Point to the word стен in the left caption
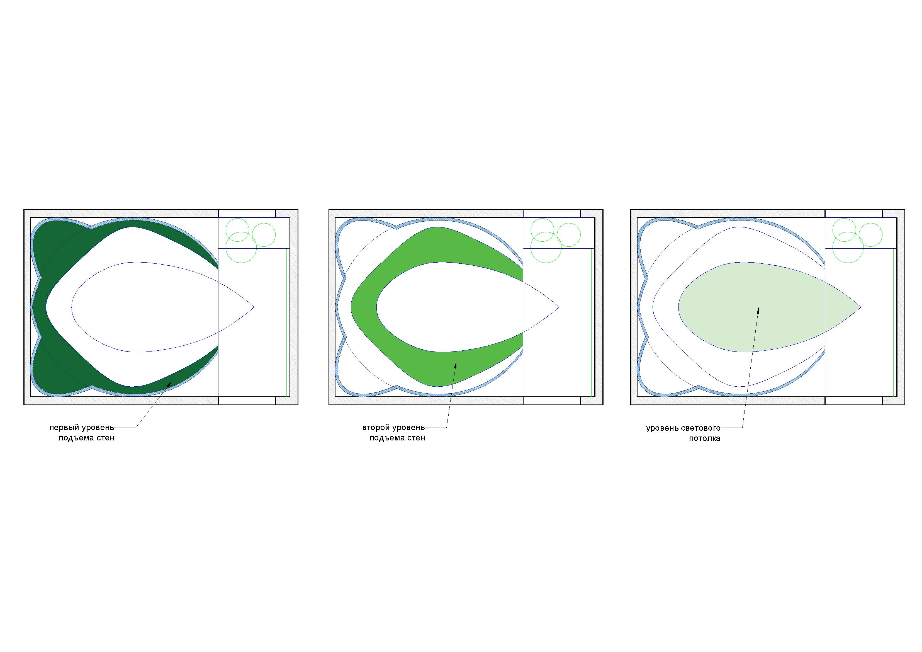(x=105, y=438)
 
